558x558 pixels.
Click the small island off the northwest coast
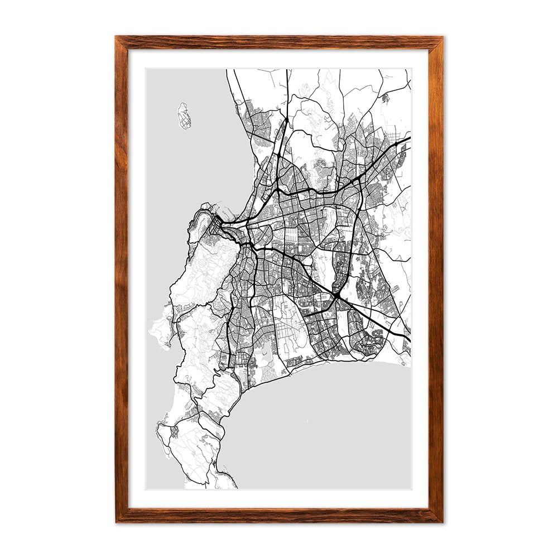184,116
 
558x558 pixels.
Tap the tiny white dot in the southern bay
306,420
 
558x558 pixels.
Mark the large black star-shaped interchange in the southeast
337,294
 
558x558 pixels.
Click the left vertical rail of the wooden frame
122,279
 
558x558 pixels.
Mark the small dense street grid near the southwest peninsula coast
174,431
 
